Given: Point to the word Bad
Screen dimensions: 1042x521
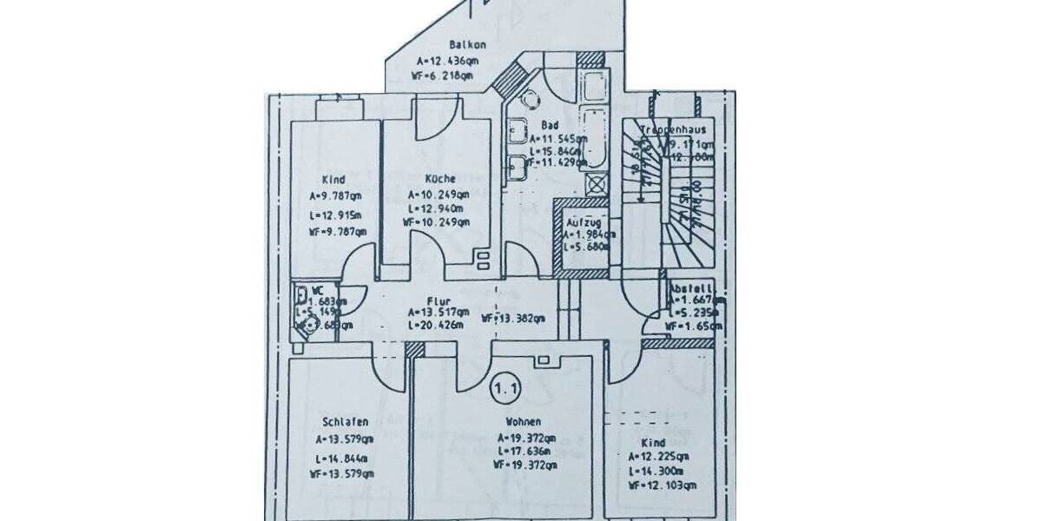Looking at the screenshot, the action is (x=549, y=125).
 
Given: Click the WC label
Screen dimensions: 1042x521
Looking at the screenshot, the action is (x=319, y=290).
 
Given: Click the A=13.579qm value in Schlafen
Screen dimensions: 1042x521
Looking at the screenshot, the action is (x=345, y=439).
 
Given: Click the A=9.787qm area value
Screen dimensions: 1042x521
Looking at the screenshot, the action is (x=338, y=195).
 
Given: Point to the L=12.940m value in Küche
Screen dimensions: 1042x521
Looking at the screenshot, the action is (x=437, y=208).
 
